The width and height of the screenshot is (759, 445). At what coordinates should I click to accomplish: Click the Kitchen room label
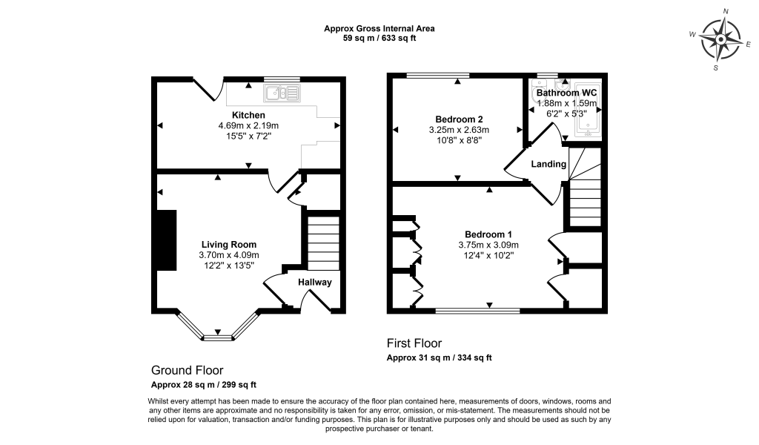click(248, 115)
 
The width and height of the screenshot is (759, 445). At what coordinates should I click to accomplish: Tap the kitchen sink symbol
click(281, 93)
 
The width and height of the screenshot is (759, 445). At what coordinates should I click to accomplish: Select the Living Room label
click(229, 244)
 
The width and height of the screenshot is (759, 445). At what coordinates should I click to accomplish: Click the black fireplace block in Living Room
click(165, 240)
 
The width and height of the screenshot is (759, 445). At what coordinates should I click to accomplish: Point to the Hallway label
click(315, 283)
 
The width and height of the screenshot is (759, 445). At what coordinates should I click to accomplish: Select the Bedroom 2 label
click(459, 119)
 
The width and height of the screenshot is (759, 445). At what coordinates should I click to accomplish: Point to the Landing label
click(548, 164)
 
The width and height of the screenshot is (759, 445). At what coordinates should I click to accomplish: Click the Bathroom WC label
click(566, 93)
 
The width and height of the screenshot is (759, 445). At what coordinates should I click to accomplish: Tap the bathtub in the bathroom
click(588, 108)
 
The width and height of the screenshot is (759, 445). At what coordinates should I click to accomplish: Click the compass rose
click(720, 39)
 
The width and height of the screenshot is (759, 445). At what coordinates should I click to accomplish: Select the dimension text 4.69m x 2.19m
click(248, 126)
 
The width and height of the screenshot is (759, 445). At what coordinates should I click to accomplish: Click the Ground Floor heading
click(187, 370)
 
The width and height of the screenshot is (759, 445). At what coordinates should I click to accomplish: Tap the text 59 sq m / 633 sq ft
click(379, 39)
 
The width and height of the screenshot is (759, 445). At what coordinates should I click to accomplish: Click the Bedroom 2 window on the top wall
click(437, 75)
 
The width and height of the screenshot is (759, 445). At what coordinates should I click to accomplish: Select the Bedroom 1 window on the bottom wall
click(477, 311)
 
